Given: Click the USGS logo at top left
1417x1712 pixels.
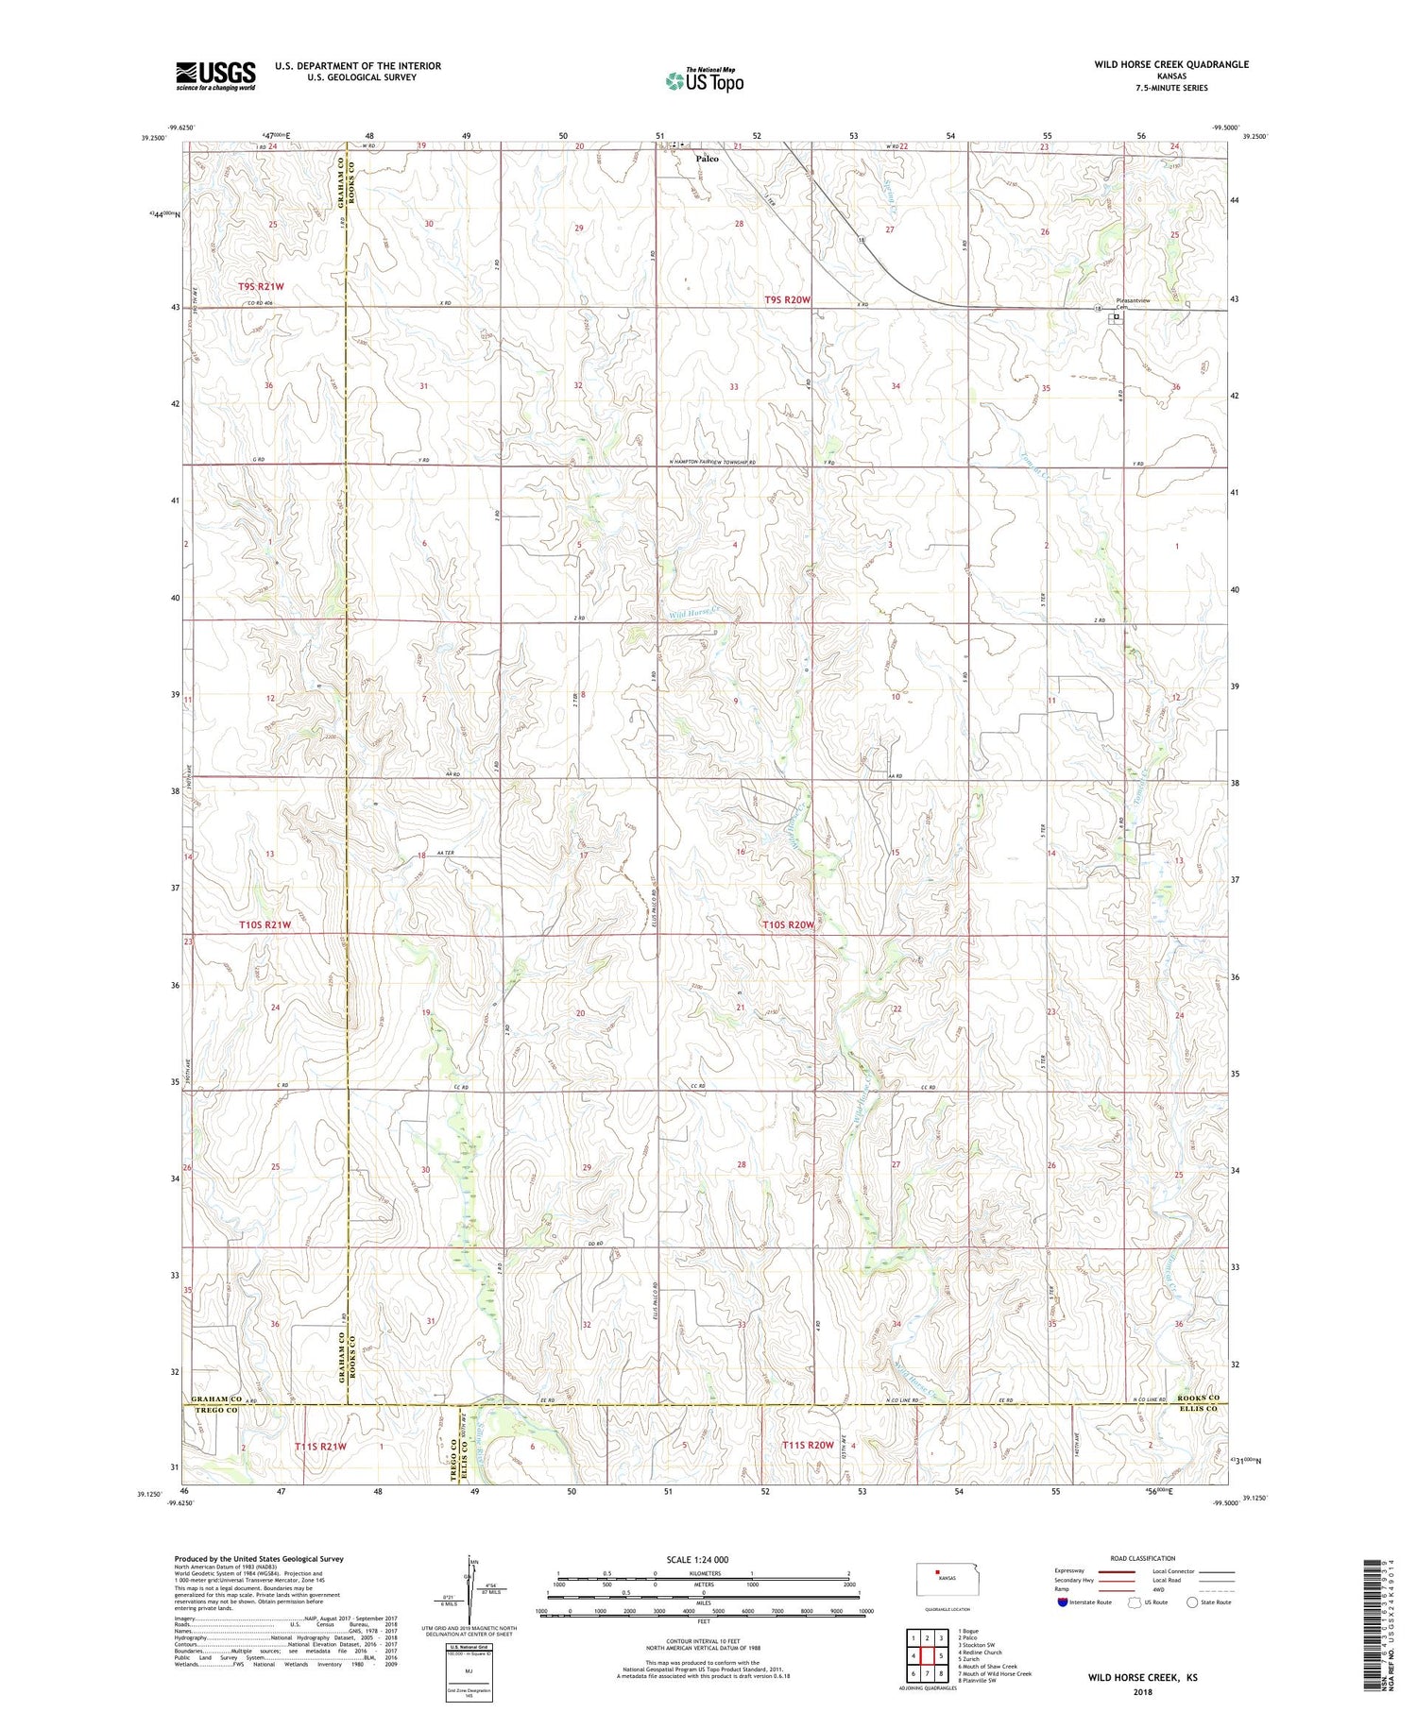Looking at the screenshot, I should pyautogui.click(x=215, y=76).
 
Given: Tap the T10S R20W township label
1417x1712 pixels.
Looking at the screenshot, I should pyautogui.click(x=788, y=925).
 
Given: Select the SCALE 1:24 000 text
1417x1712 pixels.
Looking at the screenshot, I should pyautogui.click(x=698, y=1559).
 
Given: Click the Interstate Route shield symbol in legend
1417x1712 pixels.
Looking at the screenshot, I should pyautogui.click(x=1063, y=1602).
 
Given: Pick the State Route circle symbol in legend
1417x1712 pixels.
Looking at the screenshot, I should pyautogui.click(x=1192, y=1602).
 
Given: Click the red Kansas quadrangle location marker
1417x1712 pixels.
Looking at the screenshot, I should pyautogui.click(x=937, y=1573).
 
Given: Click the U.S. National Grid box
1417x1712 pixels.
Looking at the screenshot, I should pyautogui.click(x=469, y=1672).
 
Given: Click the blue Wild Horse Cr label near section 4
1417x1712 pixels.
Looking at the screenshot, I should pyautogui.click(x=694, y=614).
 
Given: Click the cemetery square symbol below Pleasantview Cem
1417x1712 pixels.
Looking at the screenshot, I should pyautogui.click(x=1117, y=317).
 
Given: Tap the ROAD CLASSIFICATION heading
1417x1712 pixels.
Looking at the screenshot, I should pyautogui.click(x=1143, y=1558).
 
